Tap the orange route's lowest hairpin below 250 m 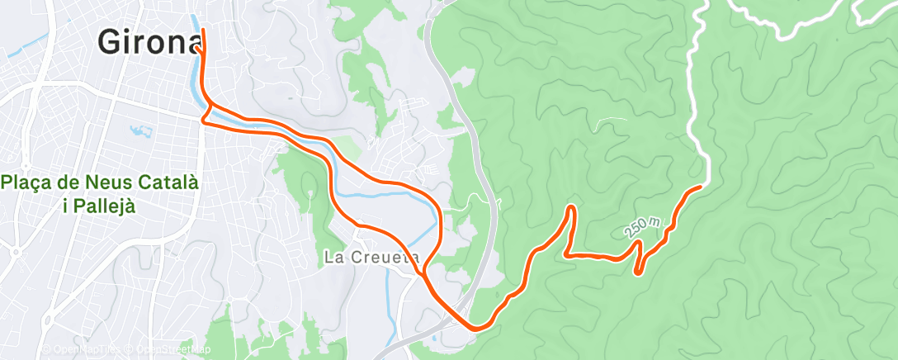coord(638,270)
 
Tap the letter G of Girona coord(109,41)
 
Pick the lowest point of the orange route coord(475,329)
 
